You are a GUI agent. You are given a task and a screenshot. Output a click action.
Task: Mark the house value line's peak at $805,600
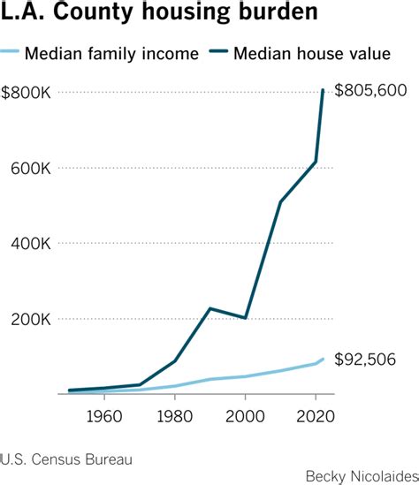(323, 90)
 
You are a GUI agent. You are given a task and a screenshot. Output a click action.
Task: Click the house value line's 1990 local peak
(209, 308)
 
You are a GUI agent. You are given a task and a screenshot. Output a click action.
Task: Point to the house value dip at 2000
(245, 318)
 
